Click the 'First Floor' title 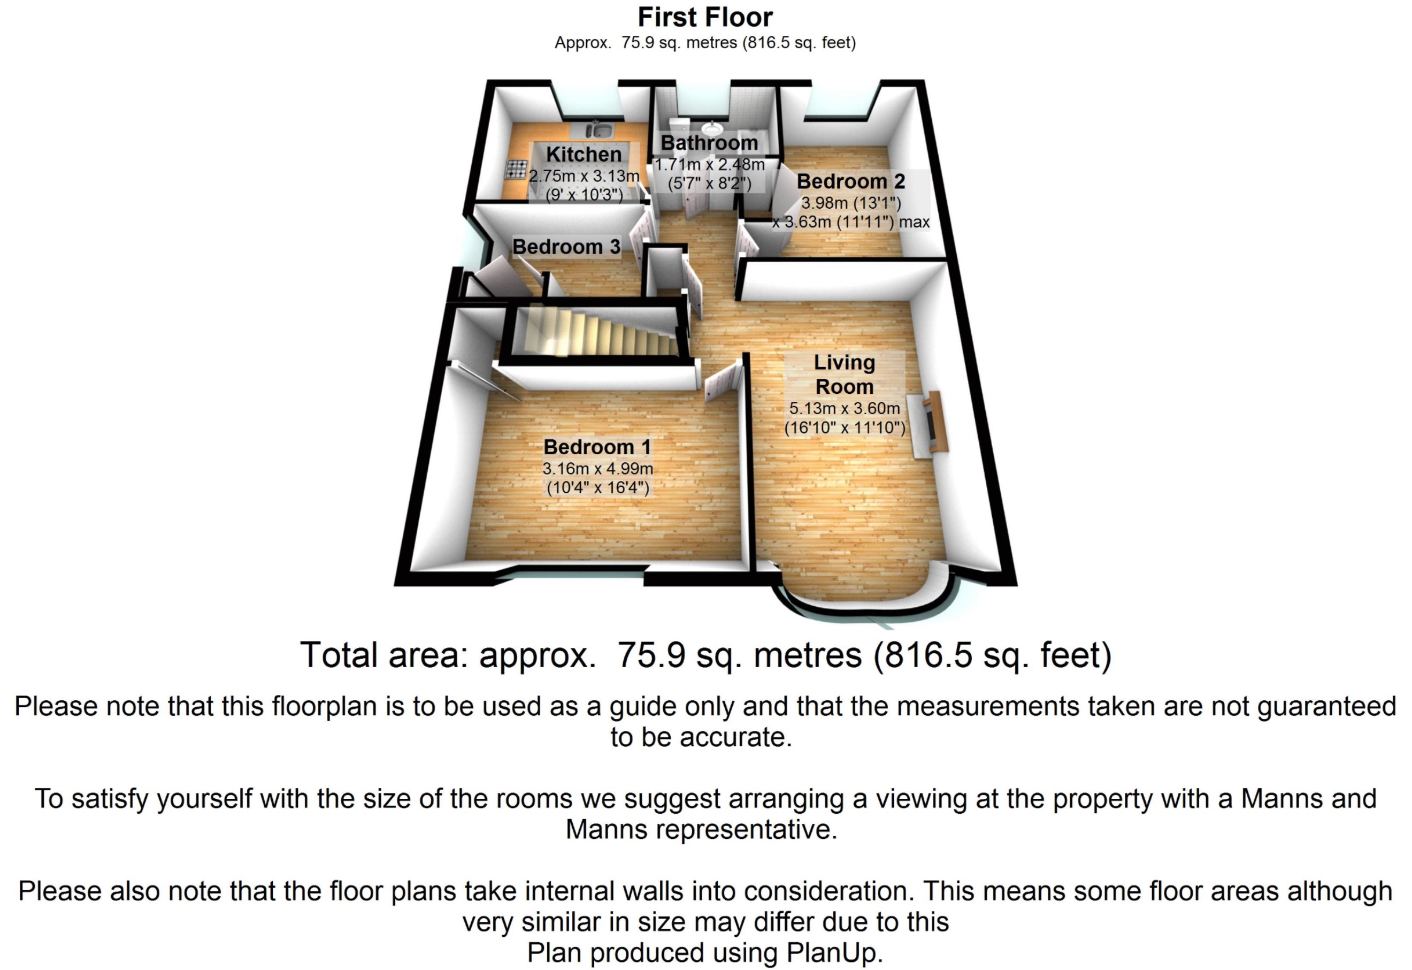705,17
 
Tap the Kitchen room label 584,155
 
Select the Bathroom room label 709,143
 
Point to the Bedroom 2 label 850,181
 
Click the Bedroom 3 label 566,247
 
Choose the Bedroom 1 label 597,447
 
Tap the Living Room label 844,375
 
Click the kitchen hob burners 517,169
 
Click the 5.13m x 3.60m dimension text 844,408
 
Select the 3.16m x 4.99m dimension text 597,469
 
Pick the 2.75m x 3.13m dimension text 584,176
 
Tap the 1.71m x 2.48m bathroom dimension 709,165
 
